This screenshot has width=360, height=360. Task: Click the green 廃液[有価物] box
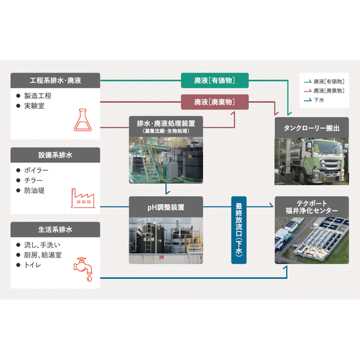point(215,80)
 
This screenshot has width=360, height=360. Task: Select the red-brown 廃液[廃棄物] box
point(215,102)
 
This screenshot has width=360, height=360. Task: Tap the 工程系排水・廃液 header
point(55,80)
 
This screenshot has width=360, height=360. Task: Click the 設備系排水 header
point(55,155)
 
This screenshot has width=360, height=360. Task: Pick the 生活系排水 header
point(55,230)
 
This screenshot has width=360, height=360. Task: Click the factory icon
point(83,198)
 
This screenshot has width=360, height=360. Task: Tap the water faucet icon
point(83,269)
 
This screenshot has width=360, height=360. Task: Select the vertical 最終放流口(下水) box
point(239,230)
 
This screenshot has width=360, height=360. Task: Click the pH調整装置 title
point(166,207)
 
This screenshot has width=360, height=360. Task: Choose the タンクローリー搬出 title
point(312,128)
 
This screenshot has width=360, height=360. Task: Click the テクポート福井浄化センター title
point(312,207)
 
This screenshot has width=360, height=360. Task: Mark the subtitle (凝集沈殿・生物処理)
point(166,131)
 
